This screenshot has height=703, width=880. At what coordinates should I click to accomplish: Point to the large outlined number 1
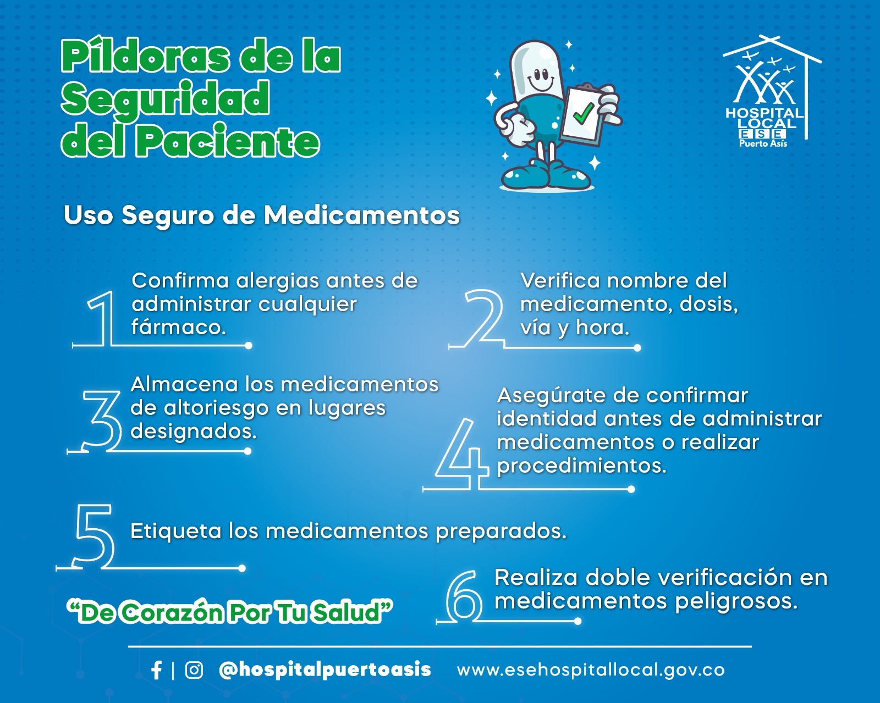(101, 318)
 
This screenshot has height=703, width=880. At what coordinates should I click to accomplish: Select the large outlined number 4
(462, 454)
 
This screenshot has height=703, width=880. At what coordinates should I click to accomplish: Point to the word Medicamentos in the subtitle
(362, 215)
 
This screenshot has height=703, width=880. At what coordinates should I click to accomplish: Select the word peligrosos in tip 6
(736, 602)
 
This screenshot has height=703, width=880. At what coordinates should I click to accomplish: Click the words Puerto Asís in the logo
(763, 143)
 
